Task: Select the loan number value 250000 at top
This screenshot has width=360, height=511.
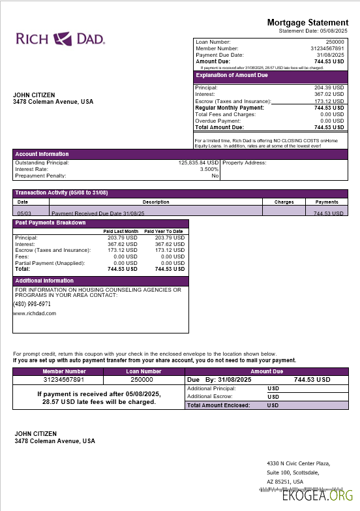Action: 335,42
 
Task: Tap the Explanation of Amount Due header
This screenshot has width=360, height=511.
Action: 233,76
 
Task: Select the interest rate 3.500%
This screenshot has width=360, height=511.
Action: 207,169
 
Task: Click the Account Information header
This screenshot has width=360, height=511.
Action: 42,154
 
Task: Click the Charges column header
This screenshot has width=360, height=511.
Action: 284,202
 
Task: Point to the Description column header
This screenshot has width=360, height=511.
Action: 156,202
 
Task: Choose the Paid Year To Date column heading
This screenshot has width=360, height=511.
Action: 164,232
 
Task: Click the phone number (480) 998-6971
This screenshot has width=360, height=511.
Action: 32,304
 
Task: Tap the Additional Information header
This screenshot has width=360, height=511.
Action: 45,281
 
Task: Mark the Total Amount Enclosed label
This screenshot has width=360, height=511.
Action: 218,405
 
